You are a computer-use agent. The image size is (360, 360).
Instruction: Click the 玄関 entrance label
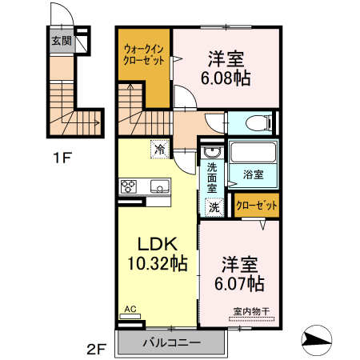click(61, 41)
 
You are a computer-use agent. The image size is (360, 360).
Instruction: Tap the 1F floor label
click(63, 158)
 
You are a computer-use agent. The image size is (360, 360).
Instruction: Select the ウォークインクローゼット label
click(145, 54)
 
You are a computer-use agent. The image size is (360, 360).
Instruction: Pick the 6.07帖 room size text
click(239, 283)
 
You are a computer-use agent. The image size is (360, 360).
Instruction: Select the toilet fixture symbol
click(257, 123)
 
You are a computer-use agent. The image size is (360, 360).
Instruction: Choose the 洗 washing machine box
click(214, 206)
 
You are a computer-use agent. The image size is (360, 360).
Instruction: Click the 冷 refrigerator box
click(160, 149)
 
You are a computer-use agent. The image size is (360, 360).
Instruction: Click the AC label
click(130, 308)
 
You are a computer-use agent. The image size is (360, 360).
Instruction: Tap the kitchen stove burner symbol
click(129, 186)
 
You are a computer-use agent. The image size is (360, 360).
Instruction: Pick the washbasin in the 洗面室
click(211, 153)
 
